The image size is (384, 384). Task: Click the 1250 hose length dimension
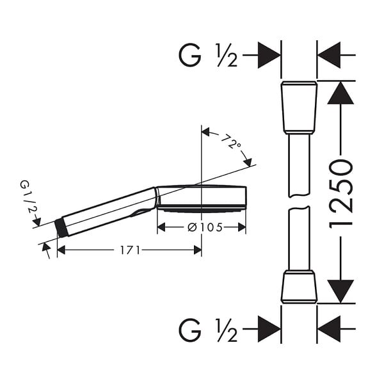[341, 194]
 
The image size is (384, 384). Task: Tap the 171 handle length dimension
[130, 250]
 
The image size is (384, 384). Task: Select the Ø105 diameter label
[205, 227]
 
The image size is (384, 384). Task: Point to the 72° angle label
[231, 141]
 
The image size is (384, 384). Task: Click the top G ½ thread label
[208, 55]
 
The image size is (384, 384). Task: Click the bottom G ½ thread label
[208, 330]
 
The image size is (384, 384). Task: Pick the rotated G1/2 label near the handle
[27, 196]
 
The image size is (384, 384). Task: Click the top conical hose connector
[299, 108]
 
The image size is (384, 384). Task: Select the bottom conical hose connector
[299, 287]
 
